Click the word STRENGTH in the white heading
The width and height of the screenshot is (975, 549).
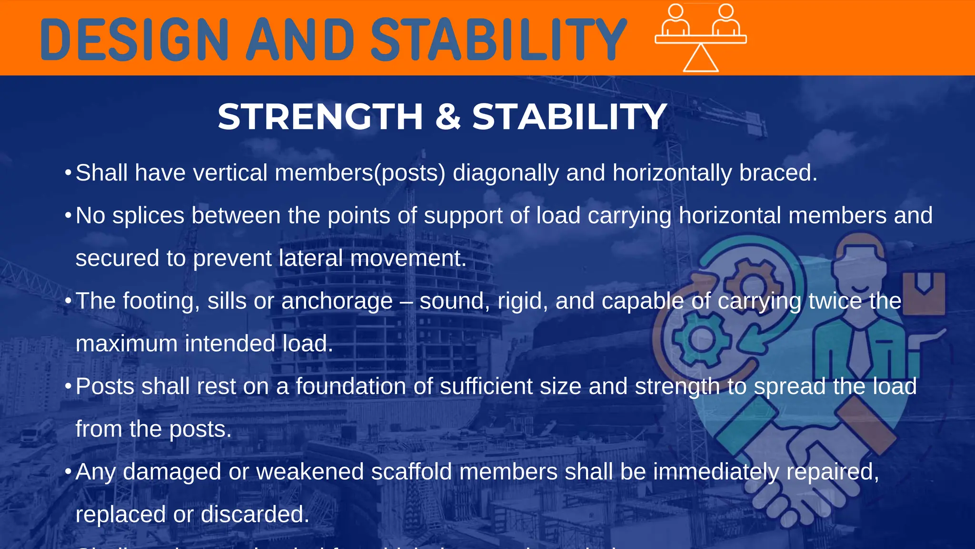(320, 117)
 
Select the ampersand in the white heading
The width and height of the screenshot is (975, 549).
(448, 117)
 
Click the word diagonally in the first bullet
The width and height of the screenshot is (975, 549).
(506, 173)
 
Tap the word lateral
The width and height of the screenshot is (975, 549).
(310, 258)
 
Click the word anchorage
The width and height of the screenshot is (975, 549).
(337, 301)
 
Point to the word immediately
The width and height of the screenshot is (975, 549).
(716, 472)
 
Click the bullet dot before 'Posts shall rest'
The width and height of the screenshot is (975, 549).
(68, 386)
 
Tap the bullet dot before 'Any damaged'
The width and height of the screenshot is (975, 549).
(68, 472)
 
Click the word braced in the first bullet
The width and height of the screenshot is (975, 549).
(778, 173)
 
